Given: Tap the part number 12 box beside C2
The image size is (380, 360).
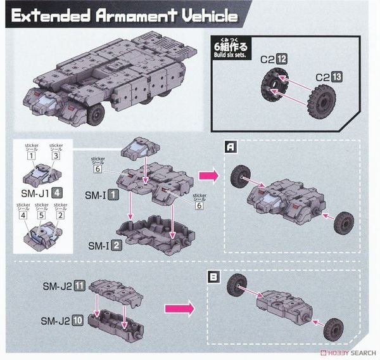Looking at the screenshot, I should click(x=282, y=58).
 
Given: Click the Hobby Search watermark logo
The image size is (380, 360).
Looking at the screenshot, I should click(x=344, y=353).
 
